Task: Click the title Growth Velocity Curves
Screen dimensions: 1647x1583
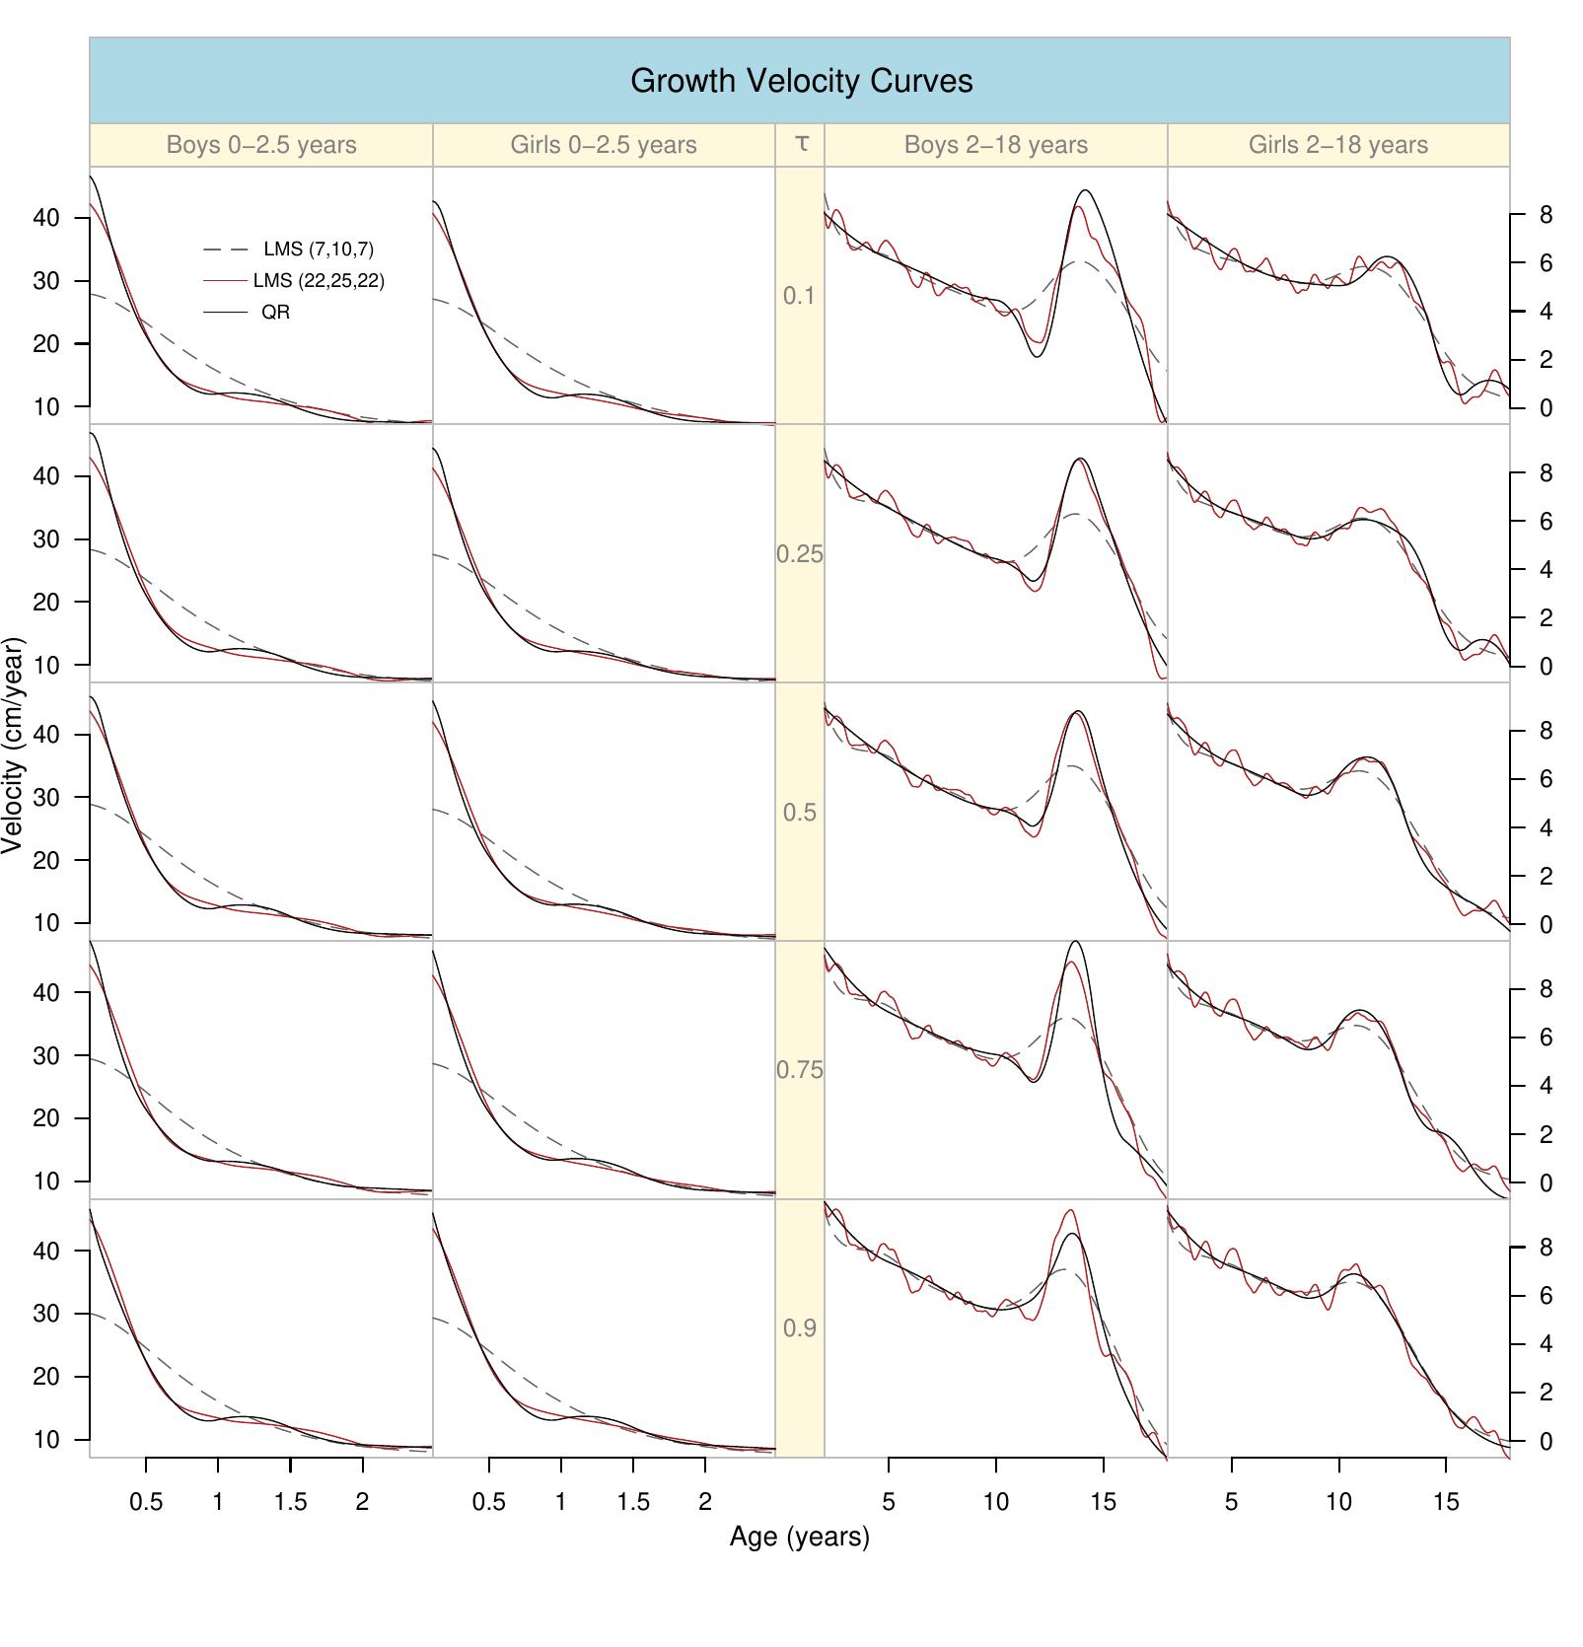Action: coord(801,81)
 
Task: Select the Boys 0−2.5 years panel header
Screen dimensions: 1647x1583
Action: coord(260,145)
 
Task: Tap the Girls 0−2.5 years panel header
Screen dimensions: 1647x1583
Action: coord(603,145)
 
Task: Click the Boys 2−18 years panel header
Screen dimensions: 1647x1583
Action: coord(995,145)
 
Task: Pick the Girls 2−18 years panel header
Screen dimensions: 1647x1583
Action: coord(1337,145)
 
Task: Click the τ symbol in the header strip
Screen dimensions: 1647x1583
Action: coord(801,144)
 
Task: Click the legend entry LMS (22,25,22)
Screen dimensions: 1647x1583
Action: coord(318,281)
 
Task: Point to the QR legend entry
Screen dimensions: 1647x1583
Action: coord(275,313)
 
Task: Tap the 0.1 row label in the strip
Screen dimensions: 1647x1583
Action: coord(799,296)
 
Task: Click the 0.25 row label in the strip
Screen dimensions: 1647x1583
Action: coord(799,554)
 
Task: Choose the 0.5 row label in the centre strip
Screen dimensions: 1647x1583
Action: coord(799,813)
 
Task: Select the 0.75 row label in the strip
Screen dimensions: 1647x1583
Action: coord(799,1070)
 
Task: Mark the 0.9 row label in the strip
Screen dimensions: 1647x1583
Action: coord(799,1328)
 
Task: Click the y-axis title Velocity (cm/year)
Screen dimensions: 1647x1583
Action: coord(13,746)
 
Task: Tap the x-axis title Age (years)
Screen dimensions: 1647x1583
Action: coord(799,1537)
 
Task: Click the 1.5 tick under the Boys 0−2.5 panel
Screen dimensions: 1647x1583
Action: coord(290,1502)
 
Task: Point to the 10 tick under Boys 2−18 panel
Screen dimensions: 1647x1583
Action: coord(995,1502)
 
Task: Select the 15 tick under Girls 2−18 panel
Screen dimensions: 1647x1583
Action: coord(1445,1502)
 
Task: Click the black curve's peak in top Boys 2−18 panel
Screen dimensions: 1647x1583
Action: coord(1086,190)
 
